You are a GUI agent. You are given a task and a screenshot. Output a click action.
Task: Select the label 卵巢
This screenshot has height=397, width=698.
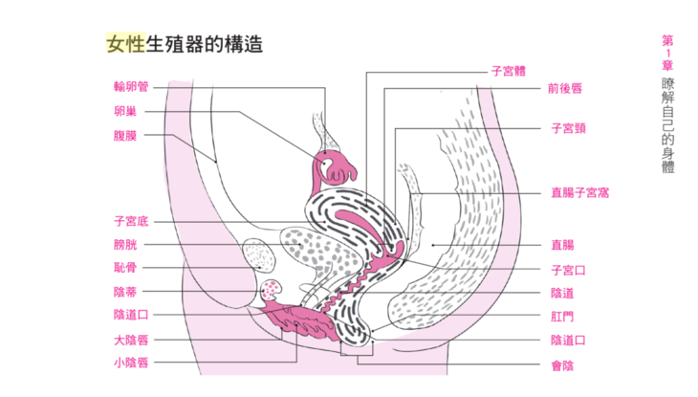(x=125, y=111)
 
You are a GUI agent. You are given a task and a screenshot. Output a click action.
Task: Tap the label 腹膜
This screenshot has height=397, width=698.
(x=125, y=136)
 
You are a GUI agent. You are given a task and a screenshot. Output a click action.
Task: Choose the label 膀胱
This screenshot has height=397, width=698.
(x=125, y=245)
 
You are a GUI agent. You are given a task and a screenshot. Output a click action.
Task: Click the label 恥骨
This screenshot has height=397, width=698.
(x=125, y=268)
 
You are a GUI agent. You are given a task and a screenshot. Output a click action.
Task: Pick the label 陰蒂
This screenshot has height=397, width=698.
(x=125, y=291)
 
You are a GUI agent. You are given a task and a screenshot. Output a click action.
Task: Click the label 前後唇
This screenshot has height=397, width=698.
(x=564, y=87)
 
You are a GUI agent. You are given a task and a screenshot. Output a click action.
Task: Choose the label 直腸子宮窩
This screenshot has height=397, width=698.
(x=579, y=192)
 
